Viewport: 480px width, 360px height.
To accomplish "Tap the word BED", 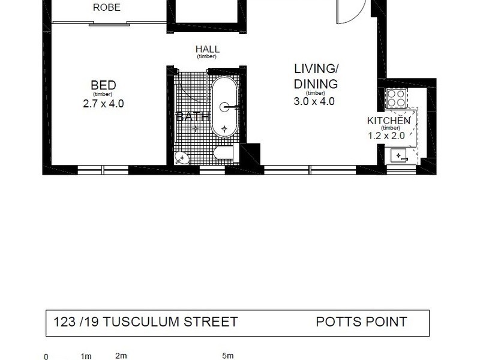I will click(103, 85).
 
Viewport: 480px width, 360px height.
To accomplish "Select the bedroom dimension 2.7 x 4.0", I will click(103, 103).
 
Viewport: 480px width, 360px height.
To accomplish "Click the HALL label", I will click(207, 49).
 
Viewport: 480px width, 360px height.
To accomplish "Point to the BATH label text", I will click(192, 117).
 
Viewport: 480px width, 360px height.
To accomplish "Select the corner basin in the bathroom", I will click(181, 157).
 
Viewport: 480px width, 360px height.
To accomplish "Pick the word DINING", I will click(315, 84).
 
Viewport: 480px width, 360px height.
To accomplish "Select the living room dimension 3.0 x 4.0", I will click(315, 101).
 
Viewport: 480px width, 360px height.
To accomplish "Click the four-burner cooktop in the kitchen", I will click(396, 98).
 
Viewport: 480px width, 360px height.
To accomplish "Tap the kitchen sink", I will click(400, 156).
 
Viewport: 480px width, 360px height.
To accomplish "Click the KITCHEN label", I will click(389, 121).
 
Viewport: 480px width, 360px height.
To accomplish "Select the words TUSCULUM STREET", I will click(170, 322).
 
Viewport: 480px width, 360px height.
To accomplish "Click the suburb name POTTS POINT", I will click(361, 322).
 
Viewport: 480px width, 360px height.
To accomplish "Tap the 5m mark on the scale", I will click(227, 356).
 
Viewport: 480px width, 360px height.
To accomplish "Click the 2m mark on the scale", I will click(121, 356).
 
